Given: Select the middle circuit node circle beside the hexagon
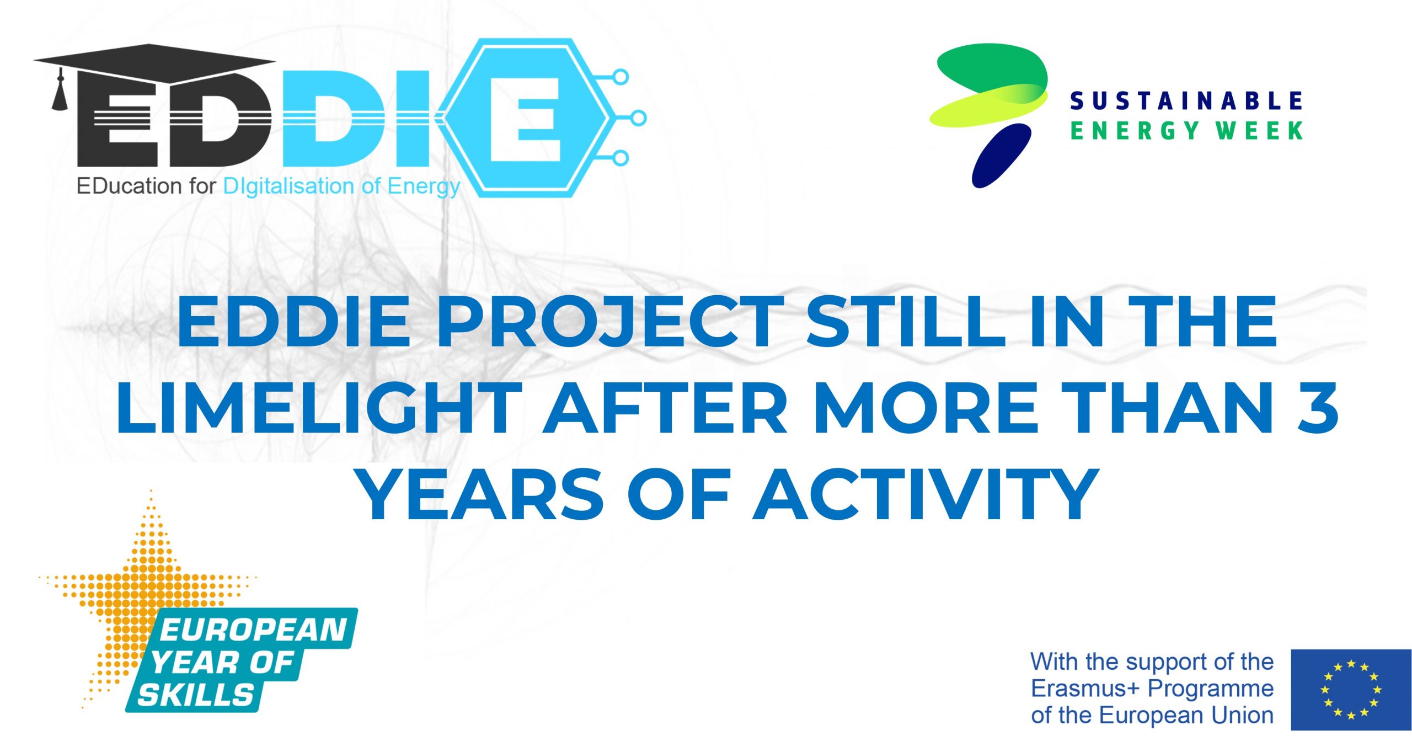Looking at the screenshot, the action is (x=638, y=118).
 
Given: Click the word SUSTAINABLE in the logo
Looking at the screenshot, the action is (x=1186, y=101).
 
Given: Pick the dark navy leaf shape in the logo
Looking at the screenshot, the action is (x=1001, y=155).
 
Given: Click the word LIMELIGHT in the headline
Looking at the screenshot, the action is (x=318, y=408).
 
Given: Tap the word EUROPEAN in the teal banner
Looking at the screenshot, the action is (x=253, y=630).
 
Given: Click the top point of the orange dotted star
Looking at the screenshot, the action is (x=151, y=491).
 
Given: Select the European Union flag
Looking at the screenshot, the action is (x=1351, y=690).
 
